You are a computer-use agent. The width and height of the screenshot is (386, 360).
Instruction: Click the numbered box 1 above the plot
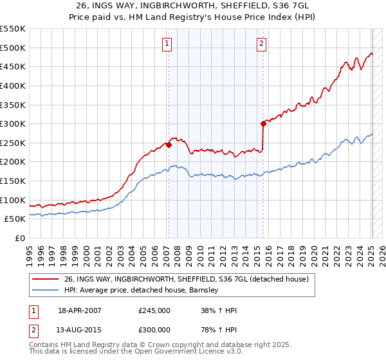(x=167, y=44)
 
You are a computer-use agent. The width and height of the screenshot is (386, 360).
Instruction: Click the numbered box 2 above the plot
(x=262, y=44)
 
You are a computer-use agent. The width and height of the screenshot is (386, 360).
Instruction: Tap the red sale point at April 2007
(x=169, y=145)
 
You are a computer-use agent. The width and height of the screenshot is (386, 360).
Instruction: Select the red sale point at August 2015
(x=263, y=123)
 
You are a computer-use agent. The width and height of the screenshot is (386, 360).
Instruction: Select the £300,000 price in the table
(x=154, y=330)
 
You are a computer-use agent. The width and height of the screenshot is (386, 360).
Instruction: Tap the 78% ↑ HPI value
(x=219, y=330)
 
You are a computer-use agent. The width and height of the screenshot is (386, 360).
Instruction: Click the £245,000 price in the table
(x=154, y=310)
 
